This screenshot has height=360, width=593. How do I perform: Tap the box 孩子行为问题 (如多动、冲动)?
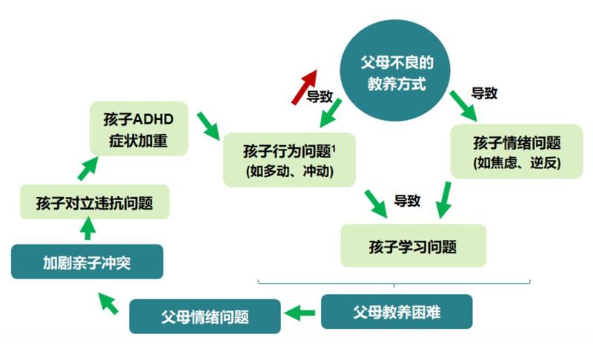point(289,159)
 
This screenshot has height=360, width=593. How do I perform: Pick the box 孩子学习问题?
point(413,245)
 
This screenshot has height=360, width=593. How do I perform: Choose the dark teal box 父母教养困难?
point(397,312)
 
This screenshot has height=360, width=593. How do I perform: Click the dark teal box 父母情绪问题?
point(205,317)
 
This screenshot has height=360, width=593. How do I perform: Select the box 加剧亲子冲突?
point(87,262)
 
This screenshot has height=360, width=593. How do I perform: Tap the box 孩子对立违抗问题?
point(94,202)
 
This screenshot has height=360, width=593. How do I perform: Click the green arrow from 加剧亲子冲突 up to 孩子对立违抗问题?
point(87,231)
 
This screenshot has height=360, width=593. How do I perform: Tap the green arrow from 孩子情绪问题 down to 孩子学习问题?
point(444,199)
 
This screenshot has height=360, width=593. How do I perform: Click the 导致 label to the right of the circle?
point(484,93)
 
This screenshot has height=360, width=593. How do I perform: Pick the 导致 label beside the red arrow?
point(319,96)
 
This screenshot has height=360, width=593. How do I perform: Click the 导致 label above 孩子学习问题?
point(408,200)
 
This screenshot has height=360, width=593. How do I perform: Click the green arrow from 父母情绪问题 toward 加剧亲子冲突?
point(109,301)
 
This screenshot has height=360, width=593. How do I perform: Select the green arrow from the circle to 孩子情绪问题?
point(465,107)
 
